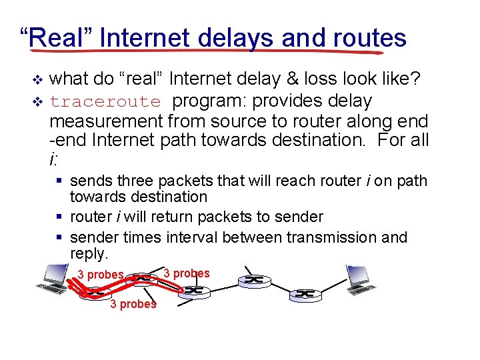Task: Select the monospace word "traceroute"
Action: click(105, 102)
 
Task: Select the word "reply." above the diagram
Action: click(89, 253)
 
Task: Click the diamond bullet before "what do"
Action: click(37, 81)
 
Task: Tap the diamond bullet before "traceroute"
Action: click(37, 101)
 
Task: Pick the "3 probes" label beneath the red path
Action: click(133, 304)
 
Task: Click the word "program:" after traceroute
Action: click(203, 102)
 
